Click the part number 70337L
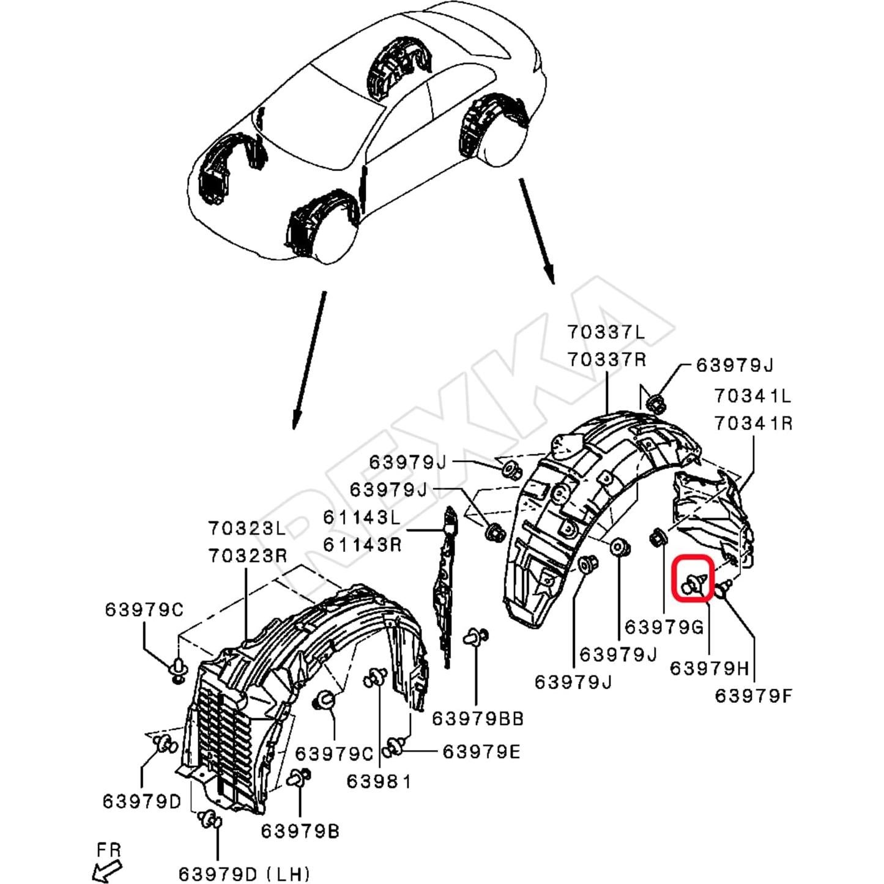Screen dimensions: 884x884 606,332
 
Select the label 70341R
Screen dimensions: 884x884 753,423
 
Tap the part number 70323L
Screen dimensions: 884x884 247,529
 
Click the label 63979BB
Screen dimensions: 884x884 478,719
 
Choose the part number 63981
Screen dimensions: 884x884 379,781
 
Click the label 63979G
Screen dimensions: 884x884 664,627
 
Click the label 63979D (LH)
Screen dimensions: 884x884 244,873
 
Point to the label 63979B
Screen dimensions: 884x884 300,831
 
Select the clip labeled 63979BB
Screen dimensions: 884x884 476,637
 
